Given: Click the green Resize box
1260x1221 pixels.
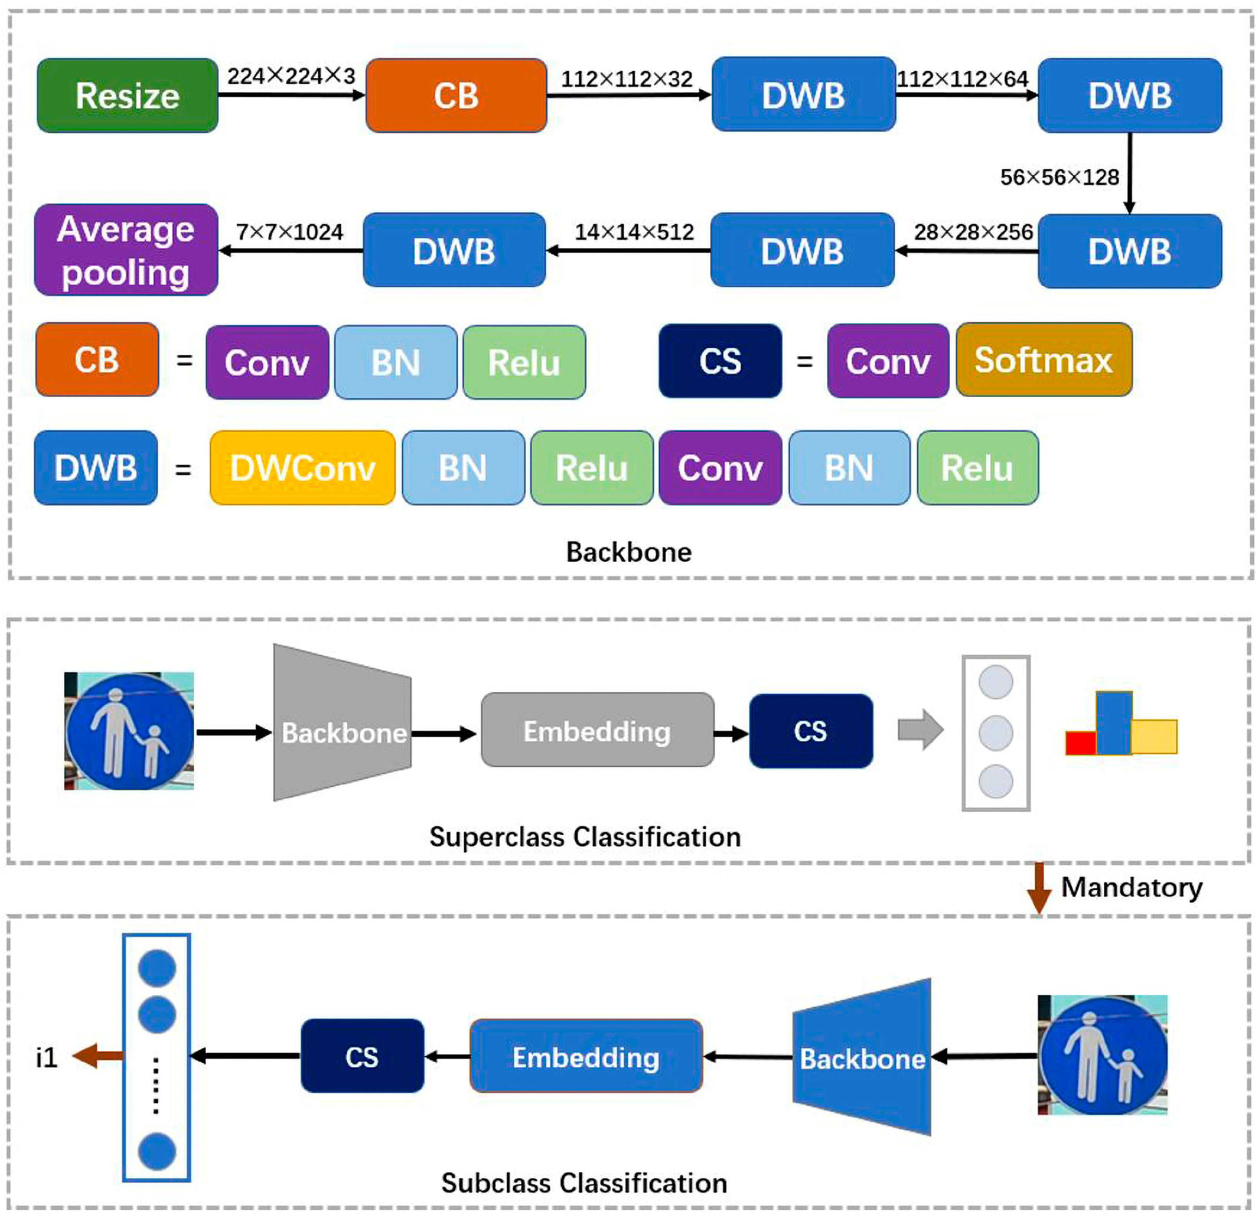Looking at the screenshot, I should click(127, 96).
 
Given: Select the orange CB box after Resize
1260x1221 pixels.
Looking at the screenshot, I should click(456, 96).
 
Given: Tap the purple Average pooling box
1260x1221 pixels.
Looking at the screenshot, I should click(126, 250).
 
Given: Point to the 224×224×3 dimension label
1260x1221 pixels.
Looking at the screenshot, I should click(291, 76).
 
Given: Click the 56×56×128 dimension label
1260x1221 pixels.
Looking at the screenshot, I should click(1060, 177).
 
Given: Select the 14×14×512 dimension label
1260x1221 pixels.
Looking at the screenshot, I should click(634, 232).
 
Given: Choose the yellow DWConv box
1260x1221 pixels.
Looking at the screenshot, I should click(302, 468).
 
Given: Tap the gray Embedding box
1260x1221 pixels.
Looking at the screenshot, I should click(597, 731).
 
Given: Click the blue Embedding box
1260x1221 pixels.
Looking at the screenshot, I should click(586, 1057).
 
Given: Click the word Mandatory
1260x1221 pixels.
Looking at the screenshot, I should click(1131, 887).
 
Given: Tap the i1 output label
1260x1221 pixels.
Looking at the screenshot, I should click(47, 1057).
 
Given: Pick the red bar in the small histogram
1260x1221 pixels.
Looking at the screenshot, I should click(1080, 743).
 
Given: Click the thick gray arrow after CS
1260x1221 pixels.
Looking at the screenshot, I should click(920, 730).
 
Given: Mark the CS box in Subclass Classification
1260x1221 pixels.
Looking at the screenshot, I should click(362, 1057).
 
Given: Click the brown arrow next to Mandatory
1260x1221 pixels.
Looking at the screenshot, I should click(1038, 887).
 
